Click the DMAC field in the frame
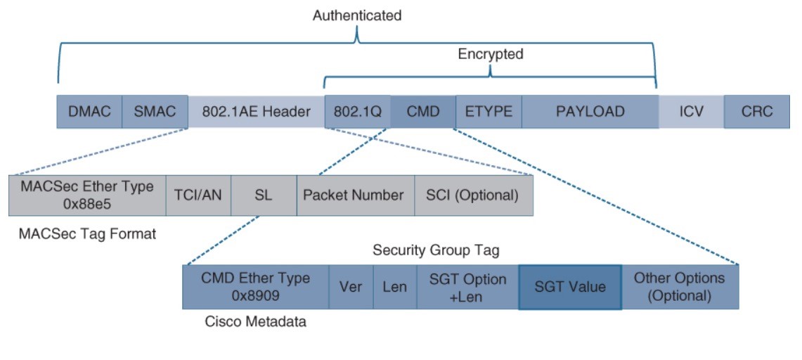(89, 112)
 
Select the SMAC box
(155, 112)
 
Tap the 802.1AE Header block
(257, 112)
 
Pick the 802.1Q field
(358, 112)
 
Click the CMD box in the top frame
(423, 112)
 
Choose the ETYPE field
(489, 112)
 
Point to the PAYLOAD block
(590, 112)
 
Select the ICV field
(691, 112)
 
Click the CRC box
(757, 112)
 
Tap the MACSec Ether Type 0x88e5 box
(87, 195)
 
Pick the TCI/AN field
(198, 195)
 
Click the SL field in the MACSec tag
(264, 195)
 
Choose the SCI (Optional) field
(474, 195)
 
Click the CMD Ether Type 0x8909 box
(256, 287)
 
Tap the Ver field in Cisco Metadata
(351, 287)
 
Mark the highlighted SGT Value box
(570, 287)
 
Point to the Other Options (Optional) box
(680, 287)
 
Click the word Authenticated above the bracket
(357, 15)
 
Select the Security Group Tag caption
(436, 250)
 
